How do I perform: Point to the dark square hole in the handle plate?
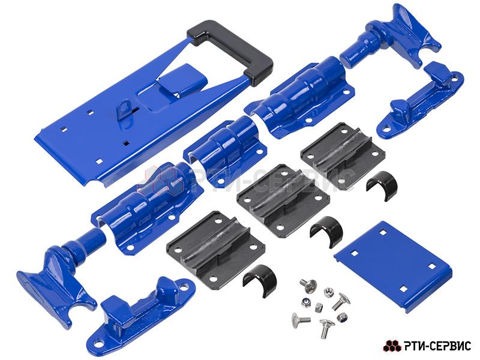pyautogui.click(x=125, y=143)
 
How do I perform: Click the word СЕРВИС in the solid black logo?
pyautogui.click(x=449, y=346)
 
